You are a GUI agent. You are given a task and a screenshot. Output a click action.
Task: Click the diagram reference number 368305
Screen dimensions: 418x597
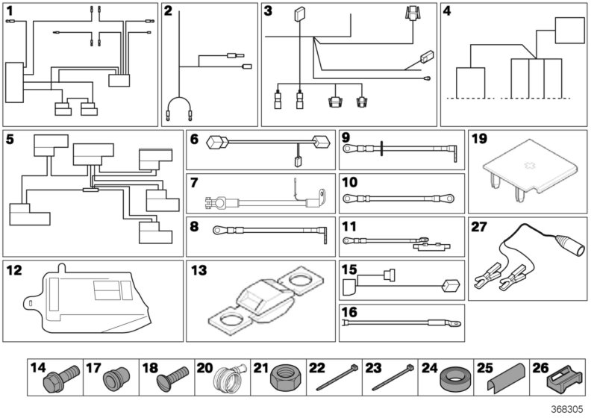(568, 409)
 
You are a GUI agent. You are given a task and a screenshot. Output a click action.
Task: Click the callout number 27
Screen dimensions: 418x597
(480, 227)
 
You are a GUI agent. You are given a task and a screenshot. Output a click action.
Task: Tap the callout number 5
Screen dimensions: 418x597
(10, 138)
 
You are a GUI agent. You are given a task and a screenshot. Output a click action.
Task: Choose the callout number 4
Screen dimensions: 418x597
(448, 11)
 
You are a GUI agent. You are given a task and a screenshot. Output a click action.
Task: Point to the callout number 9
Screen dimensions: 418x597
(346, 137)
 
